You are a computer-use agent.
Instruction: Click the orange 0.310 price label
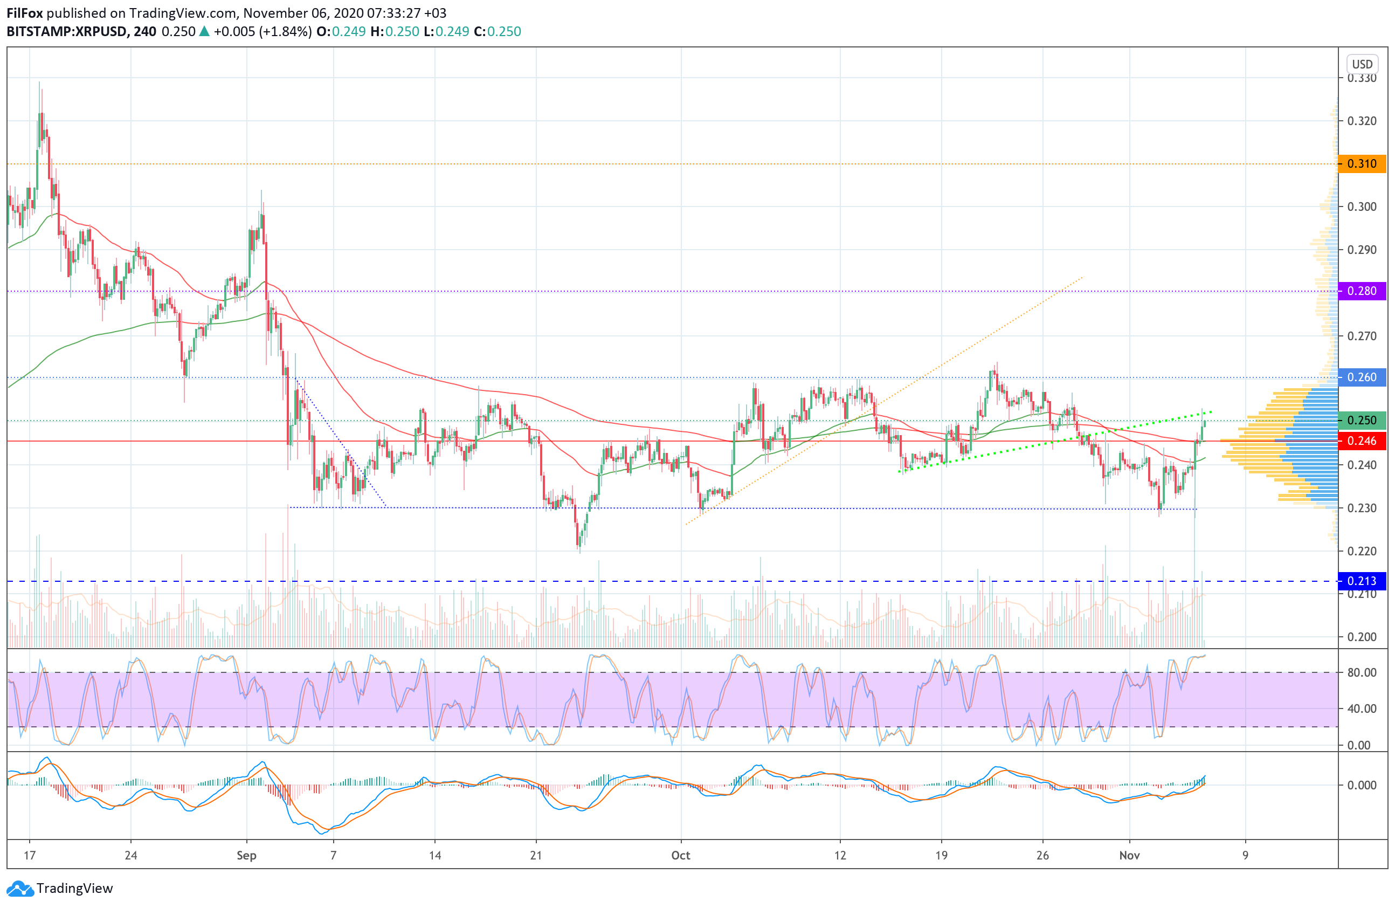coord(1361,163)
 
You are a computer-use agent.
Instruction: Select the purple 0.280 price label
coord(1361,291)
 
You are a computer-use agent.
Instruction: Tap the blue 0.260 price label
coord(1361,377)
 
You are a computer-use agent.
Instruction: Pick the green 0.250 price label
coord(1361,420)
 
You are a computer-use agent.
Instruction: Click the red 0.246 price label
coord(1361,441)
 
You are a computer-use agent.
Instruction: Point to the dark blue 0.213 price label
coord(1361,581)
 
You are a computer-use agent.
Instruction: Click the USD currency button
coord(1362,64)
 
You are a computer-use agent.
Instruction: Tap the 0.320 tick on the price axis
coord(1361,121)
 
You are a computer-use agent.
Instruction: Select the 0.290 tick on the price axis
coord(1361,250)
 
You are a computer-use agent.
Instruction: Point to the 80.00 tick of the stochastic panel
coord(1362,672)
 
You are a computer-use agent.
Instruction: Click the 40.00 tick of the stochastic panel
coord(1362,708)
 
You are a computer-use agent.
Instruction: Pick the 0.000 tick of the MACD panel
coord(1362,785)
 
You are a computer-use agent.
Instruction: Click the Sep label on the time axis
coord(246,855)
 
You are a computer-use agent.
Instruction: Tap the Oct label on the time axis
coord(680,855)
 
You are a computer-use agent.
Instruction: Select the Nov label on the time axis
coord(1129,855)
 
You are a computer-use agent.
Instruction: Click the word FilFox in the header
coord(25,13)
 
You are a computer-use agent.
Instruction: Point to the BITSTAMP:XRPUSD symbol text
coord(67,32)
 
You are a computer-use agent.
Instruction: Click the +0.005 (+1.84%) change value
coord(262,32)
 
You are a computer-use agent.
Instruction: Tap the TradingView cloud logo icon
coord(20,889)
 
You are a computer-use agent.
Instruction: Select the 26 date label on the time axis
coord(1042,855)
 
